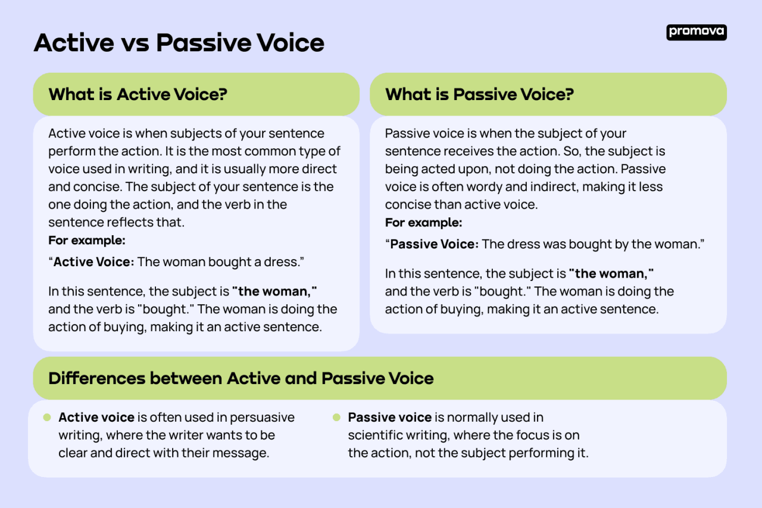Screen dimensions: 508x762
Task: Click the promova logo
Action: pos(696,32)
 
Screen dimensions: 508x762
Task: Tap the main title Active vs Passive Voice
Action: pos(179,43)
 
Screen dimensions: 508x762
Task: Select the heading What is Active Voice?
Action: pos(138,94)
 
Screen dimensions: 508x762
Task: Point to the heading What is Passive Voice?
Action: pos(479,94)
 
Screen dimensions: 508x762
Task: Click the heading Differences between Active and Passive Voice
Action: pos(241,378)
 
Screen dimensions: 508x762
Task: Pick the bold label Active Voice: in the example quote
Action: pos(94,262)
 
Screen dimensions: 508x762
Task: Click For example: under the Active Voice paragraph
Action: pos(87,241)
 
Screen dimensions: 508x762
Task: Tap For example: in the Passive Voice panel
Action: pos(423,223)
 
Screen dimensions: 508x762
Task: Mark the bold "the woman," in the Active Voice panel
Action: pos(274,292)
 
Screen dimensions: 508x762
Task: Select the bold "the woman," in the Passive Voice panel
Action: pos(611,274)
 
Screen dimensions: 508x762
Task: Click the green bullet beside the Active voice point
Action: pos(47,417)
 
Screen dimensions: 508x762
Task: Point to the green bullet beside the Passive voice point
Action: pos(336,417)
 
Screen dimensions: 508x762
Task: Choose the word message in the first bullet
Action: pos(243,453)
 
